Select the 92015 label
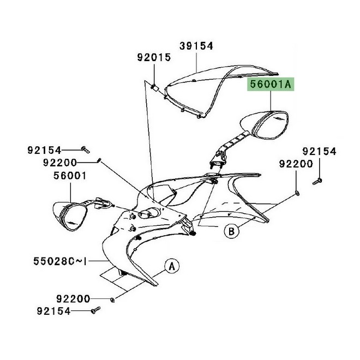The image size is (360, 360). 154,57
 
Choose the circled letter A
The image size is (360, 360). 171,267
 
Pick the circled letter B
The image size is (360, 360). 231,232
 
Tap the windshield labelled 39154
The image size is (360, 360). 218,82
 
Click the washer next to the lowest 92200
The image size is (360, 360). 112,299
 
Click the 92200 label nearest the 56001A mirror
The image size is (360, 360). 296,163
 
